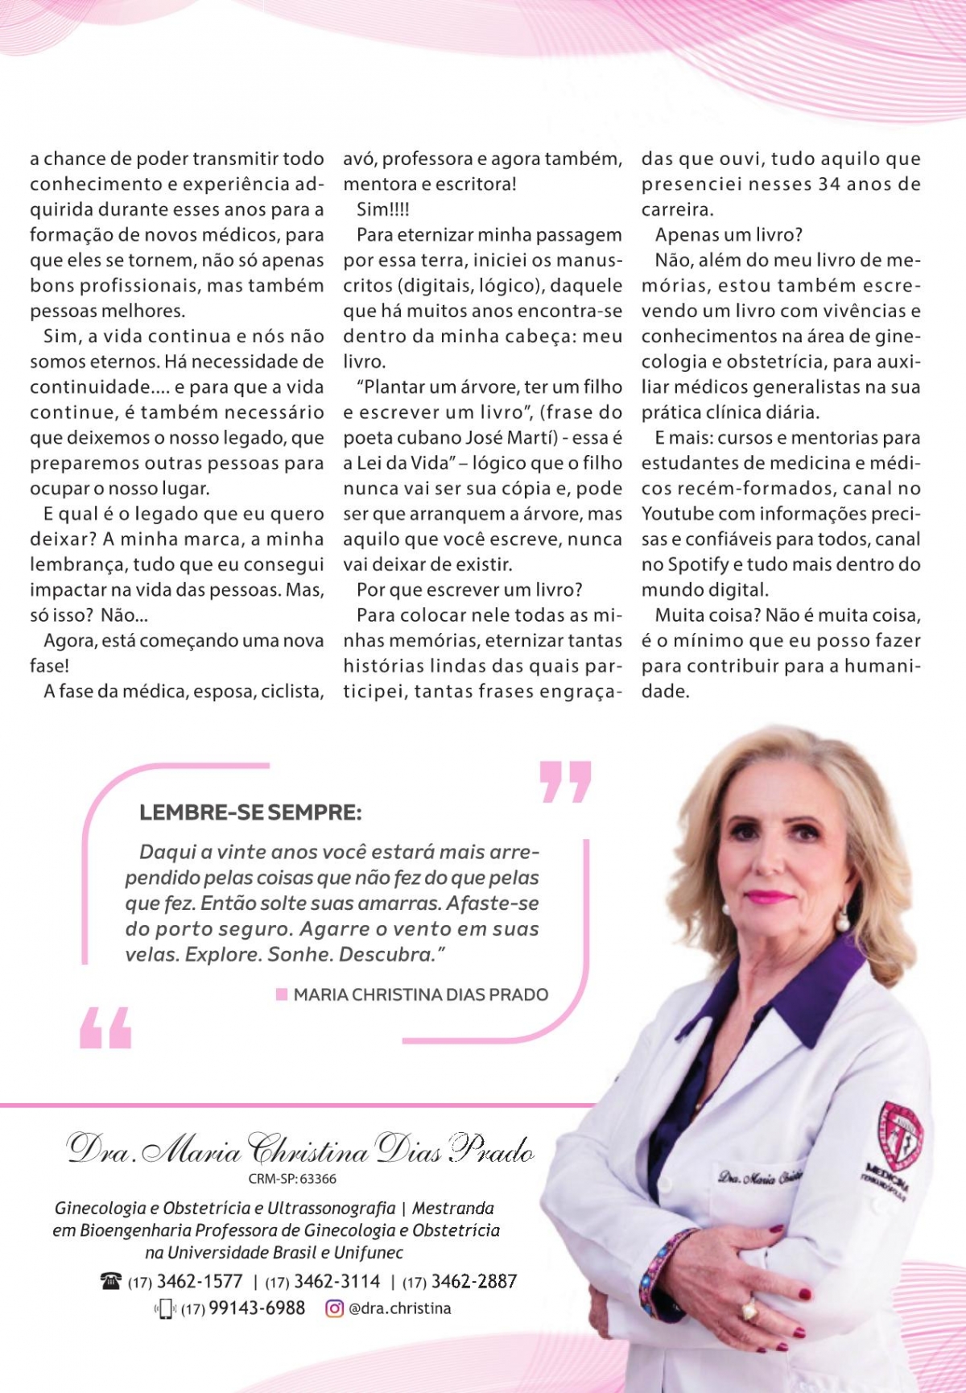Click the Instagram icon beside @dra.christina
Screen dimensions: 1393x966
tap(334, 1308)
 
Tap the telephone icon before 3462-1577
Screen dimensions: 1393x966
tap(110, 1281)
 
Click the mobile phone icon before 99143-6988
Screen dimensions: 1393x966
tap(166, 1309)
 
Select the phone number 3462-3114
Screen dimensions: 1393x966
tap(336, 1281)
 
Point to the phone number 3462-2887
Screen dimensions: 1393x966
tap(474, 1281)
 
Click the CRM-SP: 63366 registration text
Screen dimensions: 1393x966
tap(292, 1179)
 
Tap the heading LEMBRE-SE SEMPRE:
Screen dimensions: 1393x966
tap(250, 812)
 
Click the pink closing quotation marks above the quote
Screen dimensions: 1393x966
tap(565, 782)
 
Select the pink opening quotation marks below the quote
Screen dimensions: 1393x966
tap(105, 1027)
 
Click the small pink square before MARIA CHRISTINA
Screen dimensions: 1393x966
tap(282, 994)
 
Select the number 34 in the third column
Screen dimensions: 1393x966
tap(831, 184)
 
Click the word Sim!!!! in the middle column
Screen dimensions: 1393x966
tap(383, 209)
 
